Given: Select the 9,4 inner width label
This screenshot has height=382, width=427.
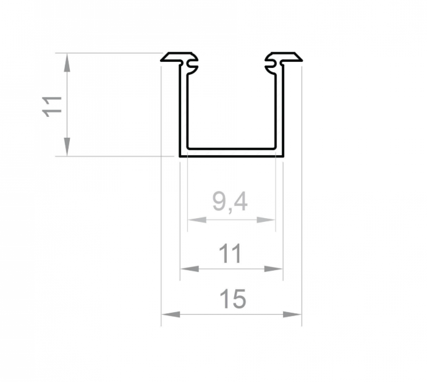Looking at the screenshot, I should click(x=230, y=202).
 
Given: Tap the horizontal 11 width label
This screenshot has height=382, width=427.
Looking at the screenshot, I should click(x=230, y=253).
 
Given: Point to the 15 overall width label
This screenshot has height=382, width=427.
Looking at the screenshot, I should click(x=232, y=299).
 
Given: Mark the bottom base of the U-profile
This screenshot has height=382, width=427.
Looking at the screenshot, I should click(x=231, y=153).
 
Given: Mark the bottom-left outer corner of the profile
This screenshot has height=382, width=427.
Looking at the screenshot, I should click(x=180, y=156).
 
